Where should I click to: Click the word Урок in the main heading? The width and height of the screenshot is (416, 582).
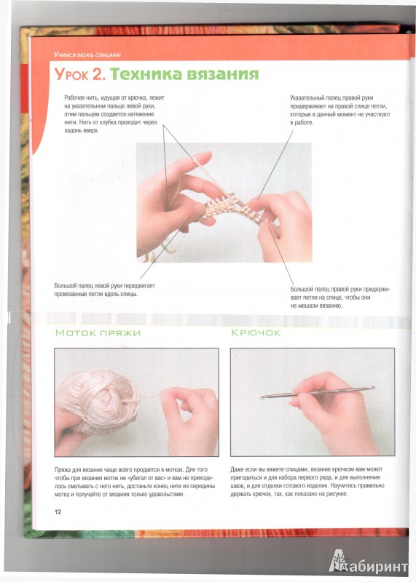tap(71, 74)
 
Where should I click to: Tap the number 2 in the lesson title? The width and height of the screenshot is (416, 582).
tap(99, 74)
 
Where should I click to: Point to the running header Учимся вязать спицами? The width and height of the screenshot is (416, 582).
tap(87, 55)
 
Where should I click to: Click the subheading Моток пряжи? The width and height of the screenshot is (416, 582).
tap(98, 333)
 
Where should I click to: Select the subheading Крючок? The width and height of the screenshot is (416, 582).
tap(256, 332)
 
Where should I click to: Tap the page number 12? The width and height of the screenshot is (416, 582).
tap(58, 512)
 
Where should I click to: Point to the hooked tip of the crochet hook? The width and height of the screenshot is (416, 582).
tap(263, 397)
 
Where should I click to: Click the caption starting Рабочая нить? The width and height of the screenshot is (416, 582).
tap(114, 114)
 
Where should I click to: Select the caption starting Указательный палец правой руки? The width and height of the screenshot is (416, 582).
tap(340, 111)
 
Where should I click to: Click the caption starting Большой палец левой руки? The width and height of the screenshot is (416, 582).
tap(105, 290)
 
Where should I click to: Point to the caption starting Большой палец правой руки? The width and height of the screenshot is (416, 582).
tap(340, 298)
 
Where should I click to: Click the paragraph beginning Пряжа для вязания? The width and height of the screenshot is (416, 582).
tap(135, 482)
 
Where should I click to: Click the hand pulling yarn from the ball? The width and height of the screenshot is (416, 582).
tap(189, 420)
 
